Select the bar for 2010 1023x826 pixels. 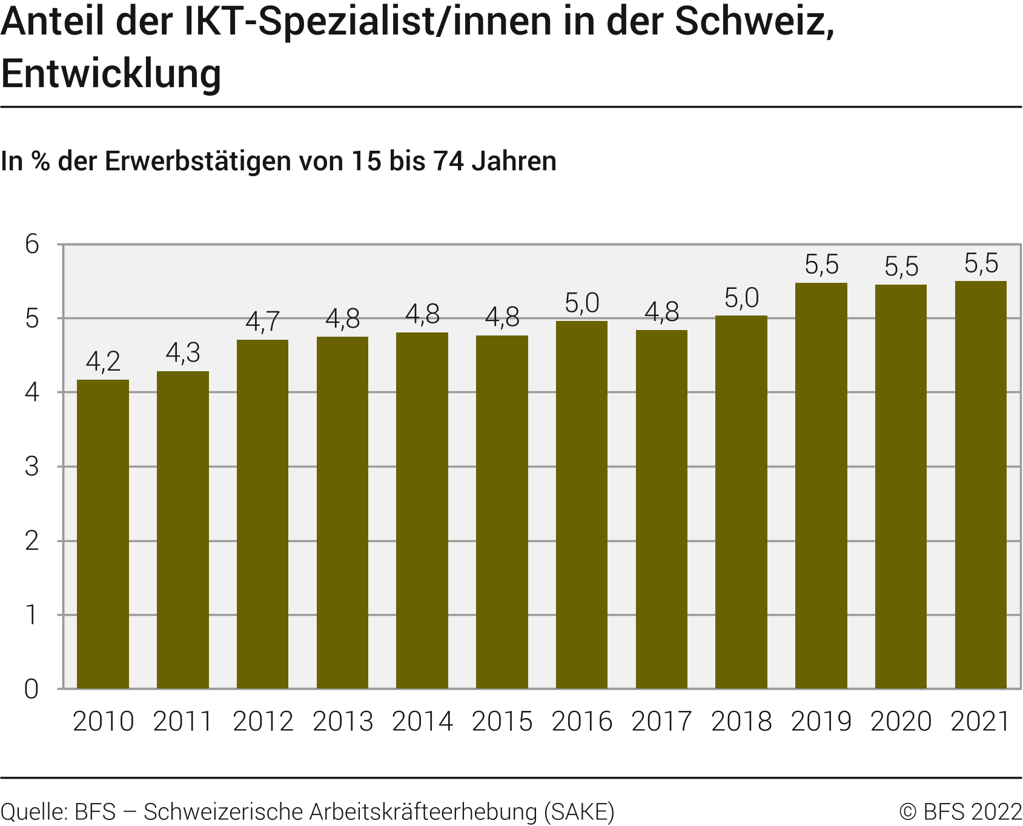(103, 534)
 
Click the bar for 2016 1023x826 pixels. (581, 504)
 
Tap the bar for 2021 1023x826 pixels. (981, 484)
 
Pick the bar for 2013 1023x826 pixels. (342, 512)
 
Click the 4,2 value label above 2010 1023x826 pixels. (103, 362)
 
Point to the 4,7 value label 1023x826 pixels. (262, 322)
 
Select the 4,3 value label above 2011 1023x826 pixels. (183, 353)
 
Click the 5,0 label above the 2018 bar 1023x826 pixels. (741, 299)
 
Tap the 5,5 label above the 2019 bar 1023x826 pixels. (821, 265)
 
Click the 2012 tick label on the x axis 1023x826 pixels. (262, 721)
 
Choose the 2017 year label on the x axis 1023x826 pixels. (661, 721)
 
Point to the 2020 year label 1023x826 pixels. (901, 721)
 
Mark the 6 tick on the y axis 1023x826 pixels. (32, 245)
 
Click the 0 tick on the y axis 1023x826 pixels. (32, 689)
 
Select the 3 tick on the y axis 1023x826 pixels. (32, 467)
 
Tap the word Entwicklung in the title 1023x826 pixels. (111, 74)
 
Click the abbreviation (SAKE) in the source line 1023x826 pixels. (579, 811)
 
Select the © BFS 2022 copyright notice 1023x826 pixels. (960, 811)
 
